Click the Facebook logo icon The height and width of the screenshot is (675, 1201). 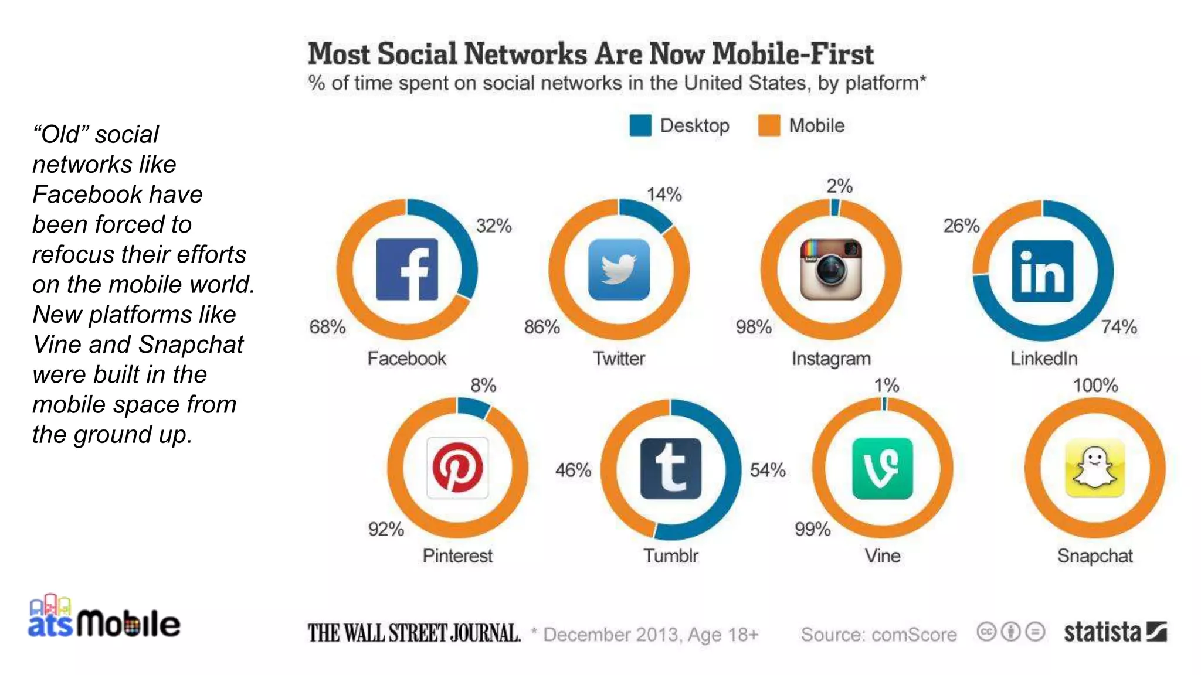pos(406,270)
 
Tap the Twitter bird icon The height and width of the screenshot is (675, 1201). pos(619,270)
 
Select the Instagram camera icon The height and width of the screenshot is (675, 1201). pos(831,270)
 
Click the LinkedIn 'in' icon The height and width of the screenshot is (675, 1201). pos(1043,271)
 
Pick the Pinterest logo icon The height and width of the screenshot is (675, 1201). pos(457,468)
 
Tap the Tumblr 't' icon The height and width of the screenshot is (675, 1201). pos(670,468)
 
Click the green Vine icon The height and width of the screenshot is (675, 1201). pos(883,468)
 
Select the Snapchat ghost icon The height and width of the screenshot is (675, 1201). pos(1095,468)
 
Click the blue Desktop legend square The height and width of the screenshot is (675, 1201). pos(640,125)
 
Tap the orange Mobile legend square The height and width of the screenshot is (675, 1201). pos(769,125)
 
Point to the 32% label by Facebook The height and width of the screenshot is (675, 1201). pos(494,226)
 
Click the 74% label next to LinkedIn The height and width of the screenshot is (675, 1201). pos(1119,326)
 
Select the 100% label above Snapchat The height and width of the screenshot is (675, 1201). pos(1095,386)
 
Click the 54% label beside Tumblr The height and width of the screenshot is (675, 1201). pos(768,470)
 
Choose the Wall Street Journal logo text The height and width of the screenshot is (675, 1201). pos(414,633)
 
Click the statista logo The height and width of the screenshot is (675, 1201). pos(1115,632)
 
